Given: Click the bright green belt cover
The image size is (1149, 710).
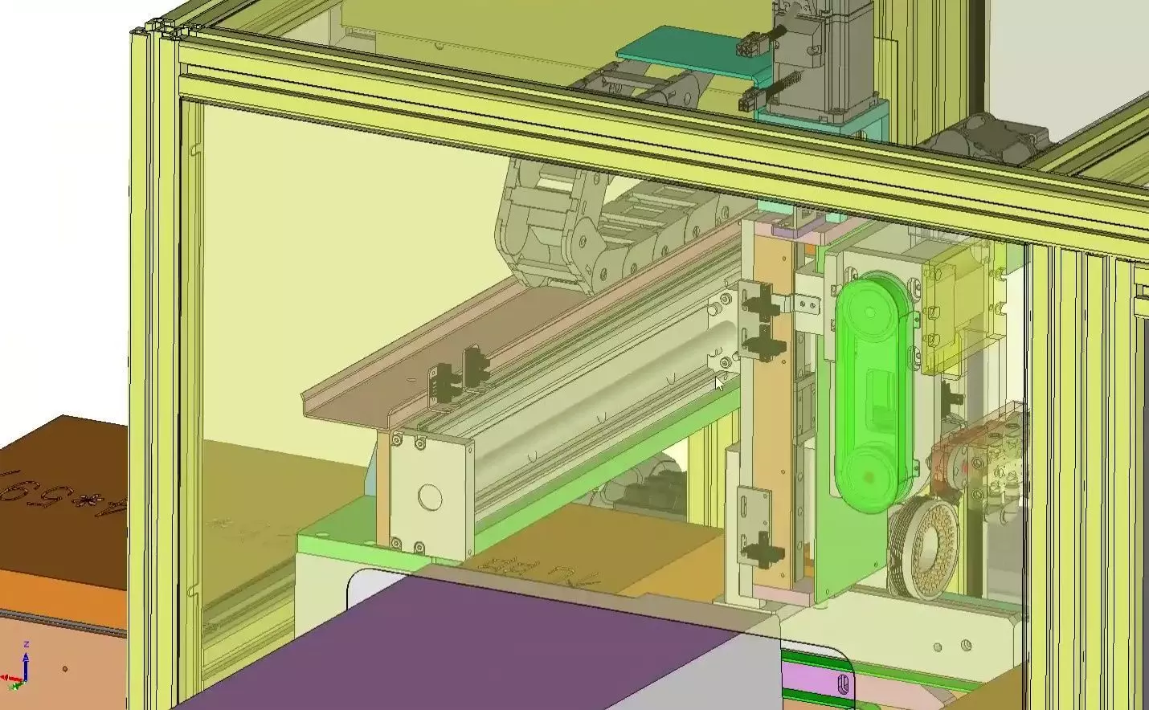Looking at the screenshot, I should [875, 394].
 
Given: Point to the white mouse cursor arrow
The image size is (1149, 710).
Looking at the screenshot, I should [719, 383].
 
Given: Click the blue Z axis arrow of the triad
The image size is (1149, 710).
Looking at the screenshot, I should [27, 663].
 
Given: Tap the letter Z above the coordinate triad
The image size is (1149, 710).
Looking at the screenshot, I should [27, 644].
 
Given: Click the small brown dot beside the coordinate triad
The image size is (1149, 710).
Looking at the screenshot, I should [65, 668].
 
